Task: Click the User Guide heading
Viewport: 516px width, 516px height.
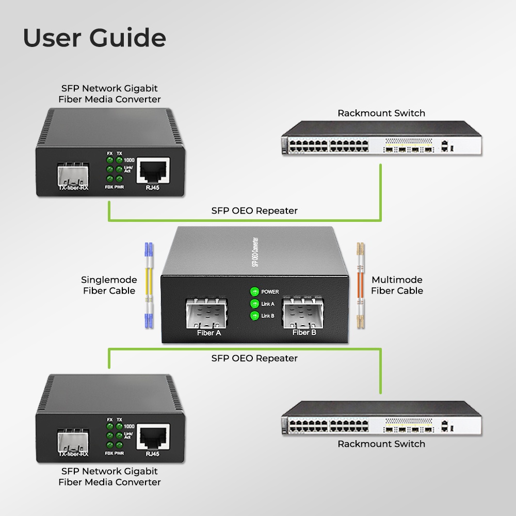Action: click(94, 38)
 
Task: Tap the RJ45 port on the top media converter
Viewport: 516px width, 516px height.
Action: click(153, 170)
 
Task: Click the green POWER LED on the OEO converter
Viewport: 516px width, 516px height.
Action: click(254, 292)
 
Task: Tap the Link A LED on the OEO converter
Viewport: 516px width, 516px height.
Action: click(254, 304)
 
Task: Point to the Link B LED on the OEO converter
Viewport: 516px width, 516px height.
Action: click(254, 316)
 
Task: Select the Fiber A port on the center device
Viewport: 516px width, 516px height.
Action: click(207, 312)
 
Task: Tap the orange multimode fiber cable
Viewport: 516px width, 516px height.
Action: click(361, 285)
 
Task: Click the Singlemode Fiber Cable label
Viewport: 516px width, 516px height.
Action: click(109, 285)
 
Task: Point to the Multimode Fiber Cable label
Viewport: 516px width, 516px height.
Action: click(397, 285)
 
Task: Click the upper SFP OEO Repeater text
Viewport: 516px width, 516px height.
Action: click(254, 211)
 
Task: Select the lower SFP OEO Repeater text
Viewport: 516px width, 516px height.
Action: click(254, 358)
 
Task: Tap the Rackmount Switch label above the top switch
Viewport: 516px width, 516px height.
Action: click(381, 113)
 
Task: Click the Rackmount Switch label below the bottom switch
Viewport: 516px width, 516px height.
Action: click(381, 444)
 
